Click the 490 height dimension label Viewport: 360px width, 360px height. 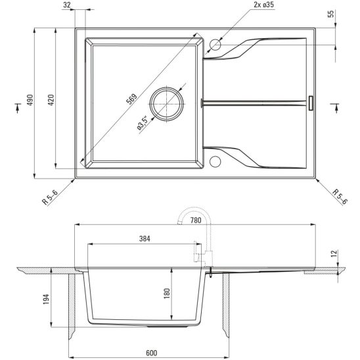pos(30,100)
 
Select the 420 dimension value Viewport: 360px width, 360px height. pos(51,100)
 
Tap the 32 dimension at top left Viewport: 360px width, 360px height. pos(67,5)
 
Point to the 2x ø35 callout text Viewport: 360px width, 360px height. pos(264,5)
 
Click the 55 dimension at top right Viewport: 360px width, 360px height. pos(330,14)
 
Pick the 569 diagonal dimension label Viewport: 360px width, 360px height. pos(132,99)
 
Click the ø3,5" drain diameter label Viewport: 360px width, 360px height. pos(143,124)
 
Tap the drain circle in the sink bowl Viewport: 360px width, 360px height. pos(167,104)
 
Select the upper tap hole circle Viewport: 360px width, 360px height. pos(215,45)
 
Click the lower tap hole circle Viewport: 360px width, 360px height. pos(215,161)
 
